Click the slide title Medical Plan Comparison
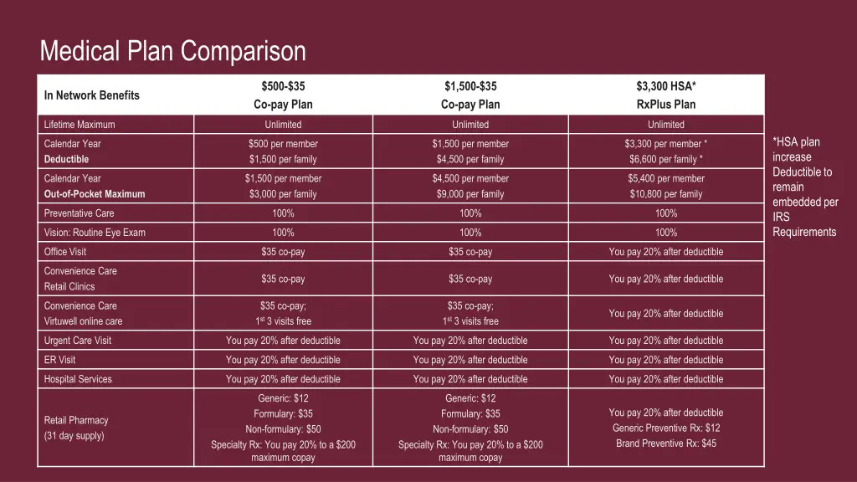pyautogui.click(x=172, y=52)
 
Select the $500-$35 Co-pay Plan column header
pyautogui.click(x=283, y=95)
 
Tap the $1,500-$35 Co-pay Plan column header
pyautogui.click(x=470, y=95)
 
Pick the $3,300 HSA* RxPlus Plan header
pyautogui.click(x=666, y=95)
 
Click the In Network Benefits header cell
pyautogui.click(x=92, y=95)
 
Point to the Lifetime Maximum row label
pyautogui.click(x=80, y=125)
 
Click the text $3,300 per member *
pyautogui.click(x=666, y=144)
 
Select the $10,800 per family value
pyautogui.click(x=666, y=194)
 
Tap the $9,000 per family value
pyautogui.click(x=470, y=194)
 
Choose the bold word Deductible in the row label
pyautogui.click(x=66, y=159)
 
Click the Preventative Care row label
pyautogui.click(x=79, y=213)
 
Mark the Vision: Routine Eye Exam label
pyautogui.click(x=95, y=233)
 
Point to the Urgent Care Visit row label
pyautogui.click(x=78, y=341)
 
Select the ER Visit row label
pyautogui.click(x=59, y=360)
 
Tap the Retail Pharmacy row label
pyautogui.click(x=76, y=420)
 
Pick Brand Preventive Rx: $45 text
pyautogui.click(x=666, y=444)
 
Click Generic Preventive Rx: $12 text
pyautogui.click(x=666, y=428)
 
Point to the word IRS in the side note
pyautogui.click(x=781, y=217)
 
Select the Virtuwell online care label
pyautogui.click(x=83, y=321)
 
